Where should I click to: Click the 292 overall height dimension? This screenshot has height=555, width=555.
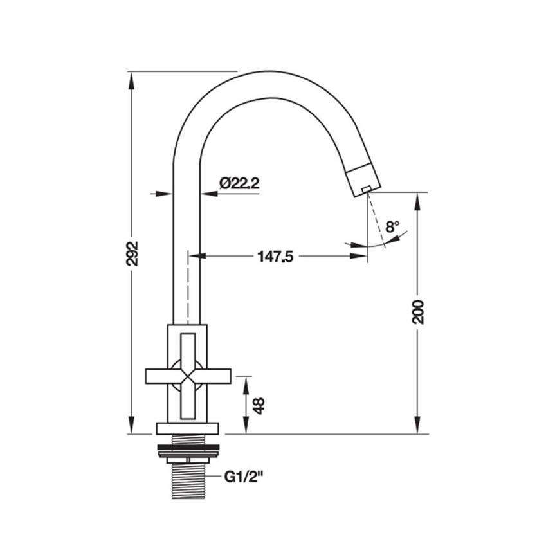pos(132,253)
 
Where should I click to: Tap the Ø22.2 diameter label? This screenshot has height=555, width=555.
pos(239,183)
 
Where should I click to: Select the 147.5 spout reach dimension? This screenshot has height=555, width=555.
pos(275,257)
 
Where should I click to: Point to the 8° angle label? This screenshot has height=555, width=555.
pos(392,226)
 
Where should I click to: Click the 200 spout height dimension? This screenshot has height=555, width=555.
pos(418,312)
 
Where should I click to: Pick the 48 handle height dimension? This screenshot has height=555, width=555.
pos(259,406)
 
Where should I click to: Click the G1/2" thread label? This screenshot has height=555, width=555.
pos(244,477)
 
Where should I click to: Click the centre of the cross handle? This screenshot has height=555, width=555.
pos(187,376)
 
